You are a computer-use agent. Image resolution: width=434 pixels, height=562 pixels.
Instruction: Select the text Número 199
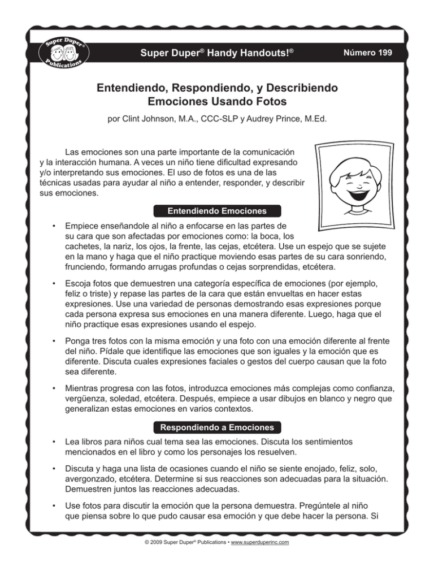pos(370,53)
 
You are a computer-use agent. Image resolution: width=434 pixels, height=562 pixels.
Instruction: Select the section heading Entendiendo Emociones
pos(218,211)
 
